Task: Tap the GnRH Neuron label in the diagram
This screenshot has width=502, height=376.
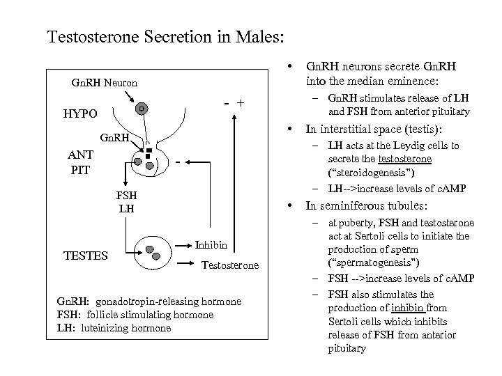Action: (x=105, y=84)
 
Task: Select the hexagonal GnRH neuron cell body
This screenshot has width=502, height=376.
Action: (x=141, y=109)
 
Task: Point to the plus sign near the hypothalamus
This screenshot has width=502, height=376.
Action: (x=241, y=103)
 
